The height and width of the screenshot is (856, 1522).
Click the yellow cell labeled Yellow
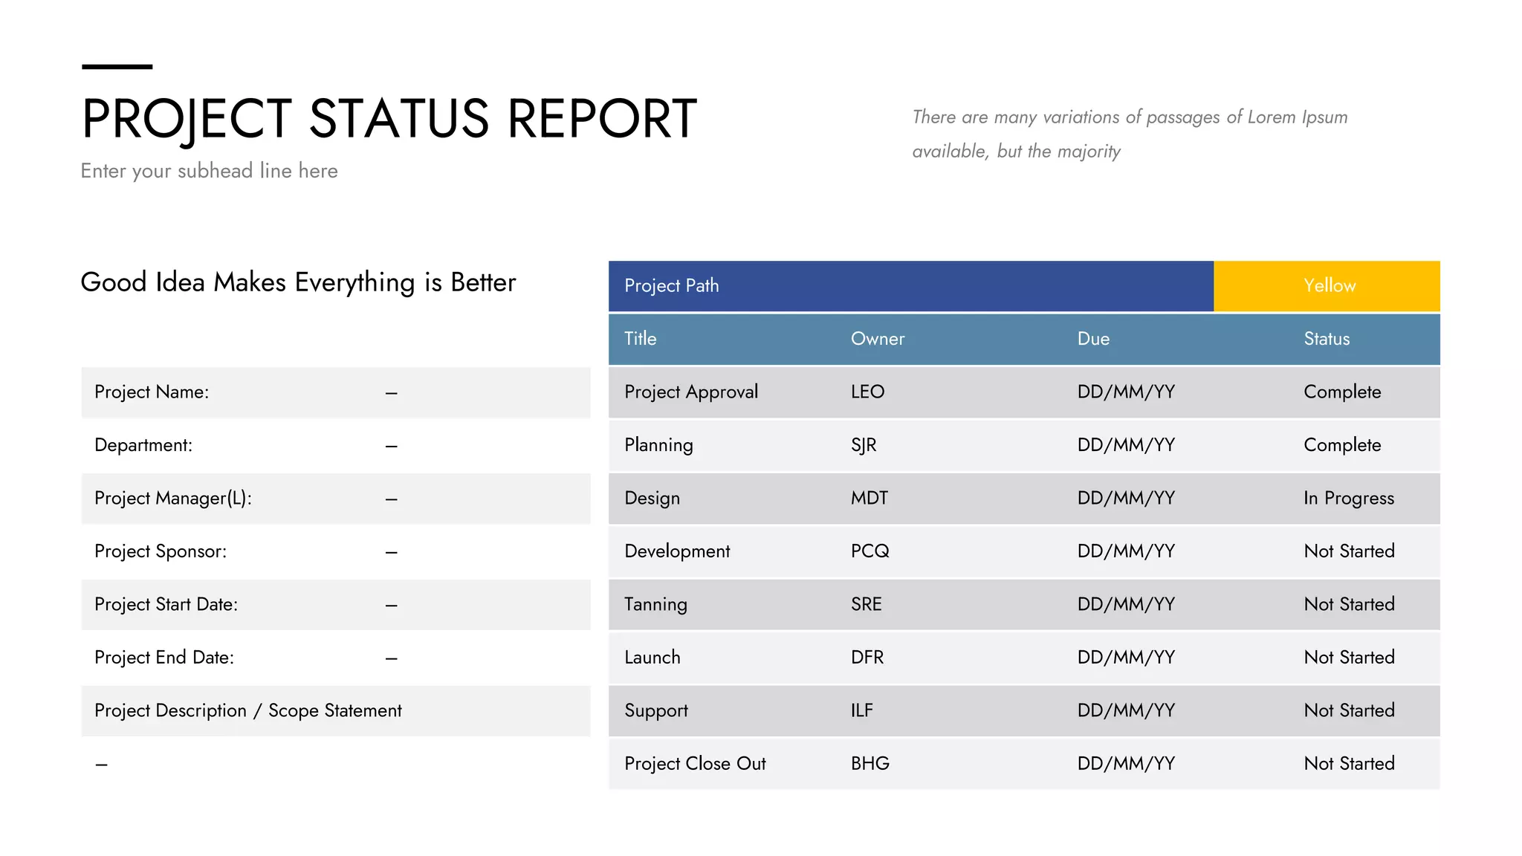point(1329,286)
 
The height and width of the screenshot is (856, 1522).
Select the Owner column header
point(878,339)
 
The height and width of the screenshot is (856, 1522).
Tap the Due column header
point(1093,339)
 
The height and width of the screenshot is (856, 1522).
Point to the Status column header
point(1327,339)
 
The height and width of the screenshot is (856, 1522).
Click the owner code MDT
point(870,498)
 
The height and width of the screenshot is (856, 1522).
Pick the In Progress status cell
point(1349,498)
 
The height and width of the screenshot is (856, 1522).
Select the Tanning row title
point(655,604)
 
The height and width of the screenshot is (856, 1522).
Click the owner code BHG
point(870,763)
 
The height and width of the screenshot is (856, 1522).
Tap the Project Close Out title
point(695,763)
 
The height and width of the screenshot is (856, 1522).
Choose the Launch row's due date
point(1126,658)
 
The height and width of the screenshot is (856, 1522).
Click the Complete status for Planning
point(1342,445)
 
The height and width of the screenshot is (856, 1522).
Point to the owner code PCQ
point(870,551)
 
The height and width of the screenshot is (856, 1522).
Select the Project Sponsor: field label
point(161,551)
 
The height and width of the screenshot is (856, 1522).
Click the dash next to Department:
point(392,446)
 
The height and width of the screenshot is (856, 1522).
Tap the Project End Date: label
point(164,658)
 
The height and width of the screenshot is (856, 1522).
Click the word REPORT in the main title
point(602,119)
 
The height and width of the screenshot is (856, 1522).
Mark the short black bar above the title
point(117,67)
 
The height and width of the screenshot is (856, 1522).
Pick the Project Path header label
point(672,286)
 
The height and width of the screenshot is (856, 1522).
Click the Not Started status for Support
point(1349,710)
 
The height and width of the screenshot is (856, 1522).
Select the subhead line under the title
point(209,171)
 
